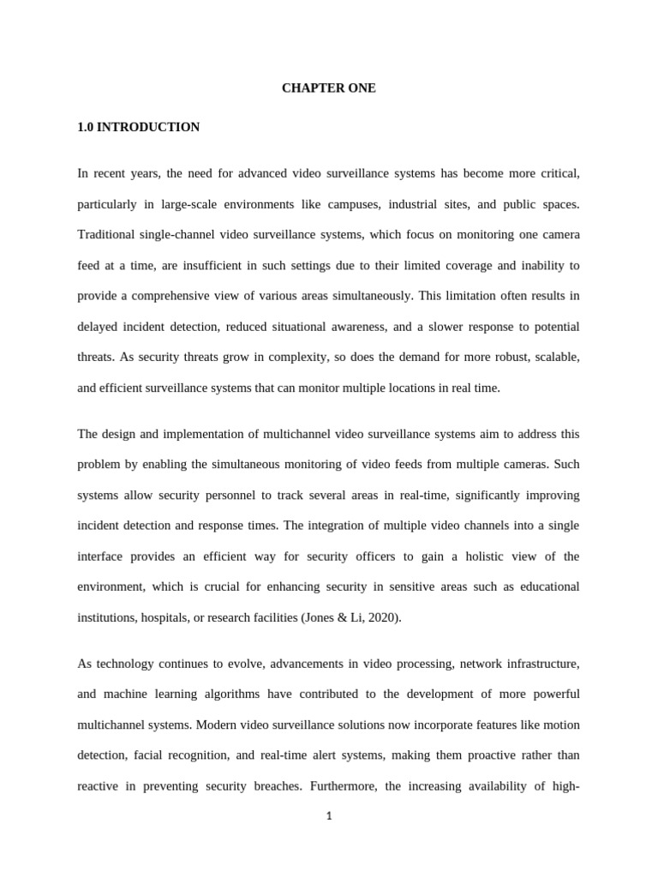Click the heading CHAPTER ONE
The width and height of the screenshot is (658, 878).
pos(328,88)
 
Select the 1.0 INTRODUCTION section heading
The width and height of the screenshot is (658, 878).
pos(138,127)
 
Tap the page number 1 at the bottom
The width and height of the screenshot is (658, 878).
pos(329,815)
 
